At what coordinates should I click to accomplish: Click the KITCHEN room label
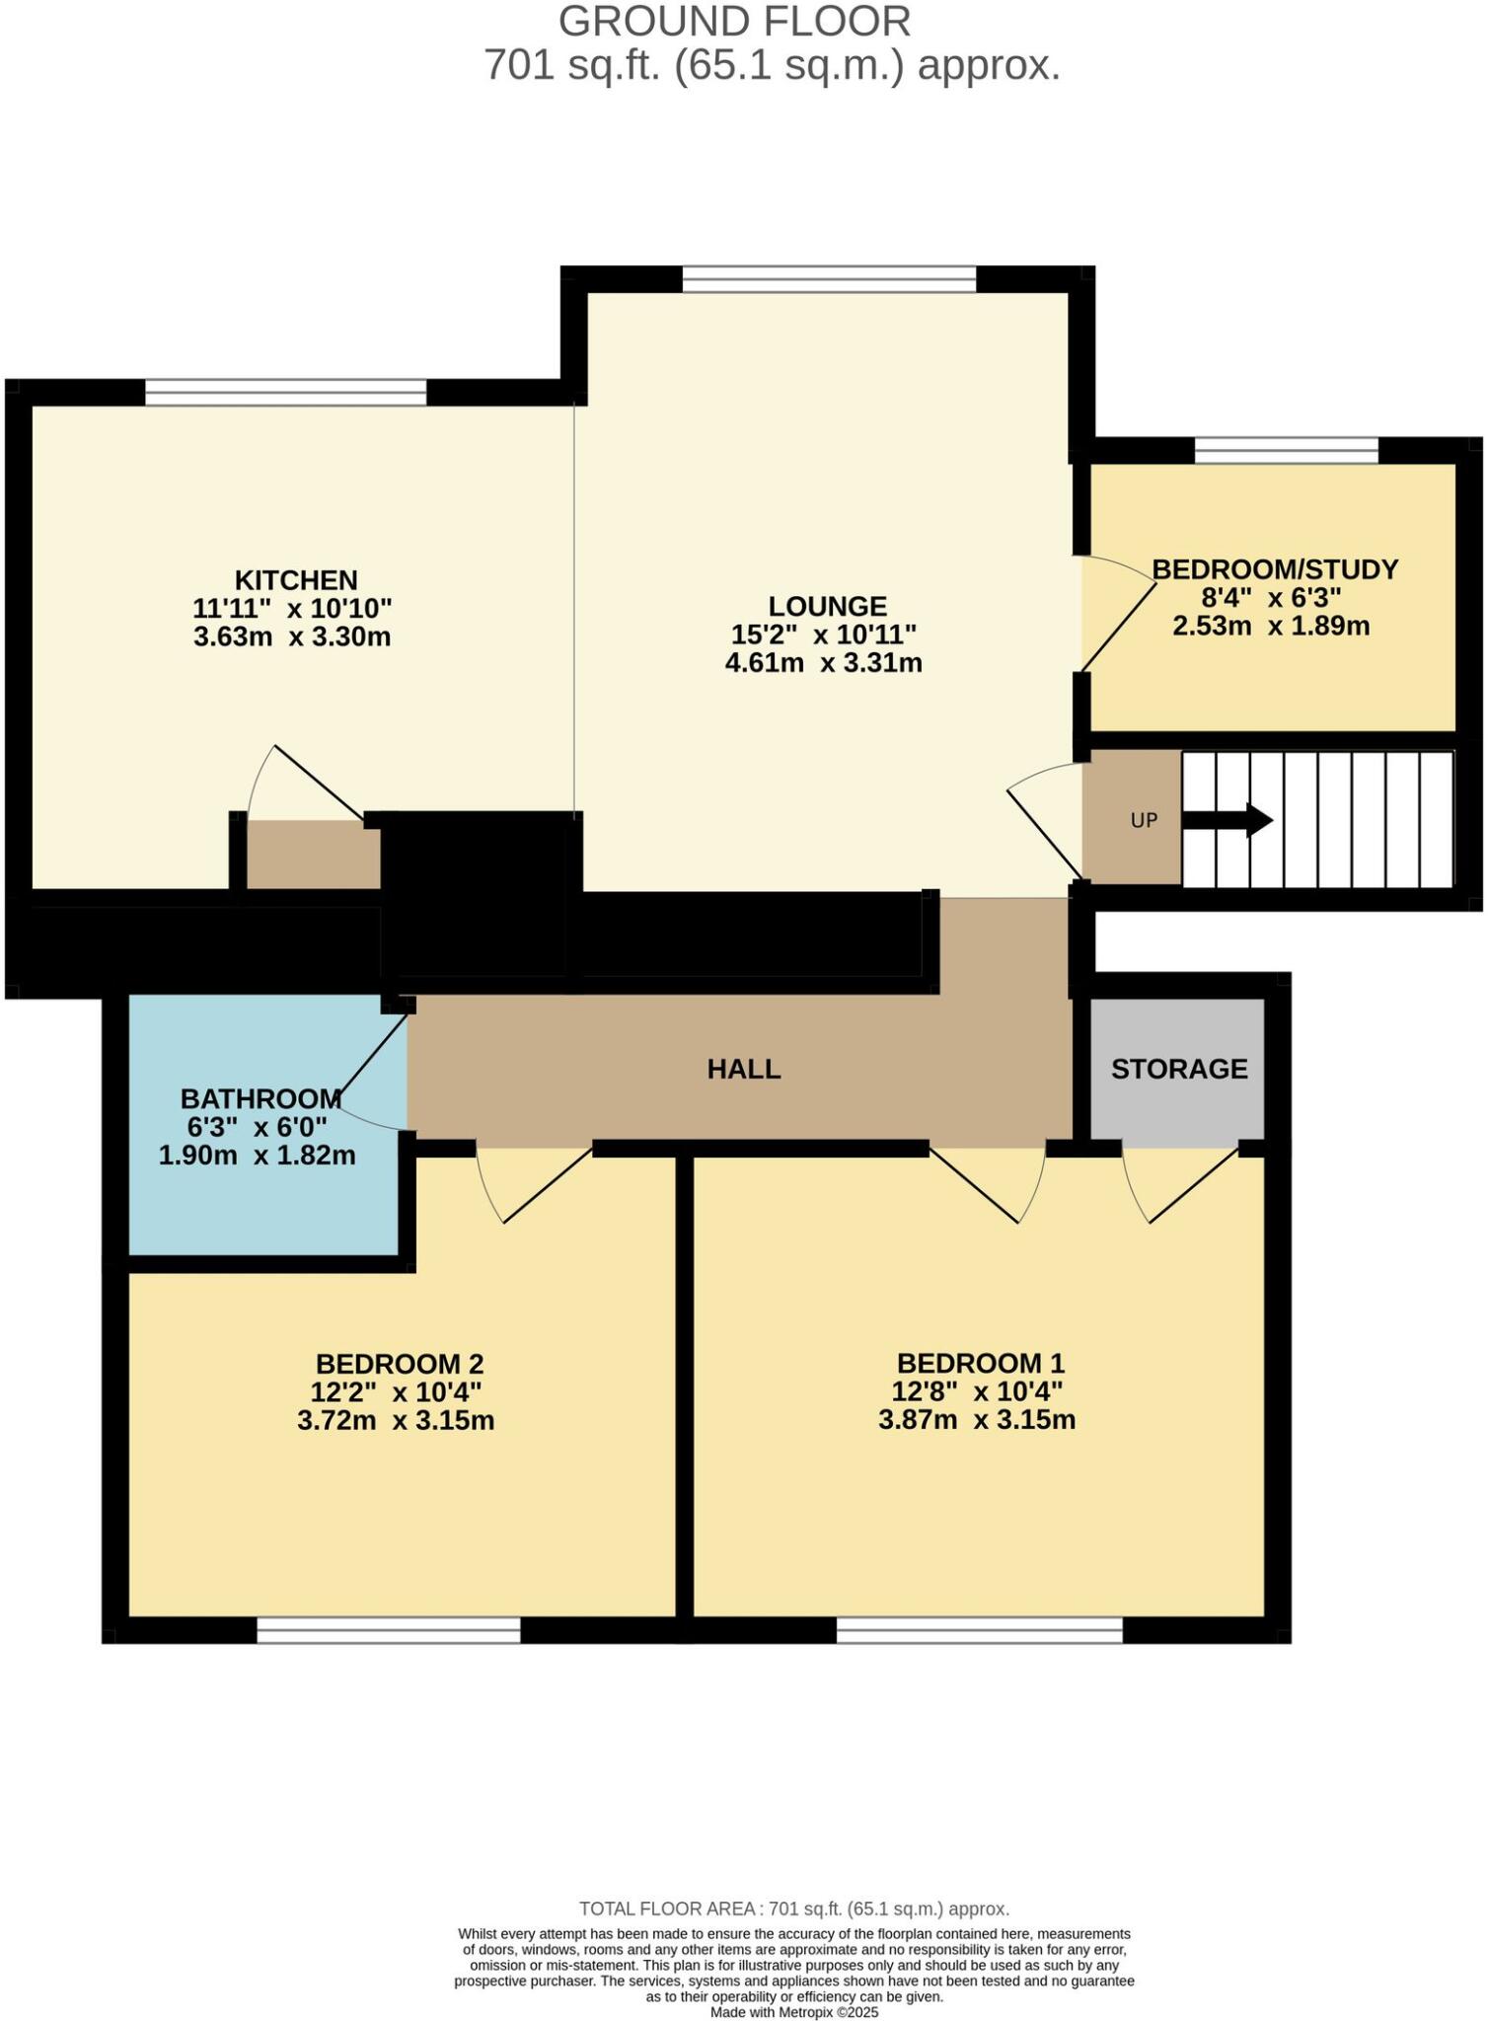(x=295, y=579)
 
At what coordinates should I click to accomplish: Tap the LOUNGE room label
(x=827, y=606)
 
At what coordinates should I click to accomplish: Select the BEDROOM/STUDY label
(x=1275, y=569)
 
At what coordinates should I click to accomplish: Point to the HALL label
(x=744, y=1069)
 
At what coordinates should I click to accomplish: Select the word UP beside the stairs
(x=1143, y=820)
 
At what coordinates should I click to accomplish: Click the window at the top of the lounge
(x=829, y=279)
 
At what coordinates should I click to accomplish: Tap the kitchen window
(x=286, y=393)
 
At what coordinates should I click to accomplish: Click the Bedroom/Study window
(x=1286, y=451)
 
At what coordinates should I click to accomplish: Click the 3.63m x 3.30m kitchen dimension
(x=292, y=636)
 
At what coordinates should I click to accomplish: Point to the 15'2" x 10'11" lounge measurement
(x=823, y=634)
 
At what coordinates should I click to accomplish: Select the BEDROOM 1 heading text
(x=980, y=1364)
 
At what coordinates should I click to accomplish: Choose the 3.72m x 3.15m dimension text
(x=395, y=1421)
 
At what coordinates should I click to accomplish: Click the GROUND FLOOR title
(x=734, y=22)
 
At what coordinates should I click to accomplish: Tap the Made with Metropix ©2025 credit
(x=793, y=2012)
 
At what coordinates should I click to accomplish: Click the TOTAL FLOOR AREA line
(x=793, y=1909)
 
